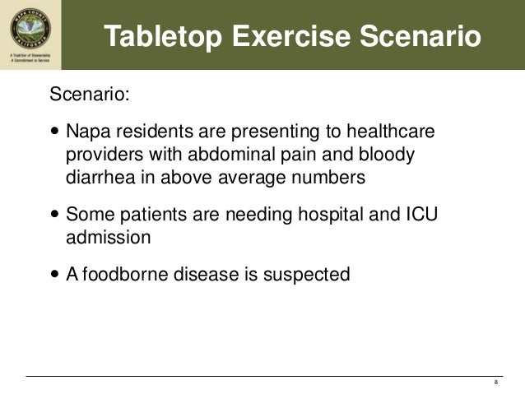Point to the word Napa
[x=86, y=132]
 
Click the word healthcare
[x=393, y=132]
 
